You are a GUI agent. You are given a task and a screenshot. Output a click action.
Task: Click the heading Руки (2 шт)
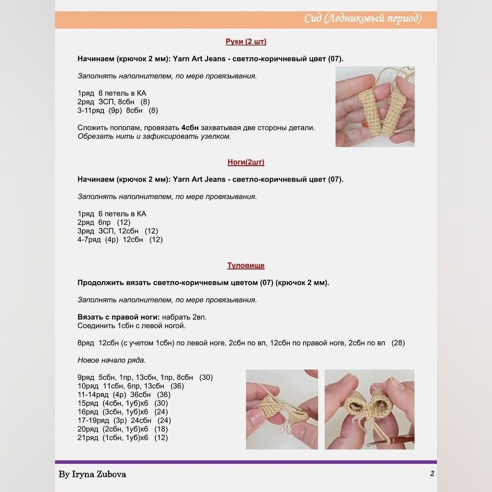[246, 41]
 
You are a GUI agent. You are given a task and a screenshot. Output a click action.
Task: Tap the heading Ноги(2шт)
[246, 162]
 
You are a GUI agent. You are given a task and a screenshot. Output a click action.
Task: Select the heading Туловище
[246, 265]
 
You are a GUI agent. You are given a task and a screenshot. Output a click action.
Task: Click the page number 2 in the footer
[432, 474]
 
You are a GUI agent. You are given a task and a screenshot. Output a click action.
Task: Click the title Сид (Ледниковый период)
[363, 19]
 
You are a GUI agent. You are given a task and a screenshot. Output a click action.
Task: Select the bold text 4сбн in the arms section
[190, 128]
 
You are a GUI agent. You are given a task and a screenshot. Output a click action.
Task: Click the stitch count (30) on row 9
[206, 378]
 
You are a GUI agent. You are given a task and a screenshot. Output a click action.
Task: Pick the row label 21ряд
[88, 438]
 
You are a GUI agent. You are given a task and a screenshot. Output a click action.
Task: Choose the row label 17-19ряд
[92, 420]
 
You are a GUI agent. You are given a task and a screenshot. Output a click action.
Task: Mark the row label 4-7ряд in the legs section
[89, 240]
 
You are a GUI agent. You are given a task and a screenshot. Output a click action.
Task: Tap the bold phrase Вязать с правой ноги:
[118, 317]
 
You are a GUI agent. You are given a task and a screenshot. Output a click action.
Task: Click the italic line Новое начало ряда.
[112, 360]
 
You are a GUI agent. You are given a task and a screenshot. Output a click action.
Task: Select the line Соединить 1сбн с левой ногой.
[132, 326]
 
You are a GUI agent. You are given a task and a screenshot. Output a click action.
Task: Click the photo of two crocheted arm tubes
[375, 107]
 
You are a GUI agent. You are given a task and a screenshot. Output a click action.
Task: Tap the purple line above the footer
[246, 462]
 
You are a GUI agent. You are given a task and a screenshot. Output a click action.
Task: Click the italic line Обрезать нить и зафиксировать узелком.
[154, 136]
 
